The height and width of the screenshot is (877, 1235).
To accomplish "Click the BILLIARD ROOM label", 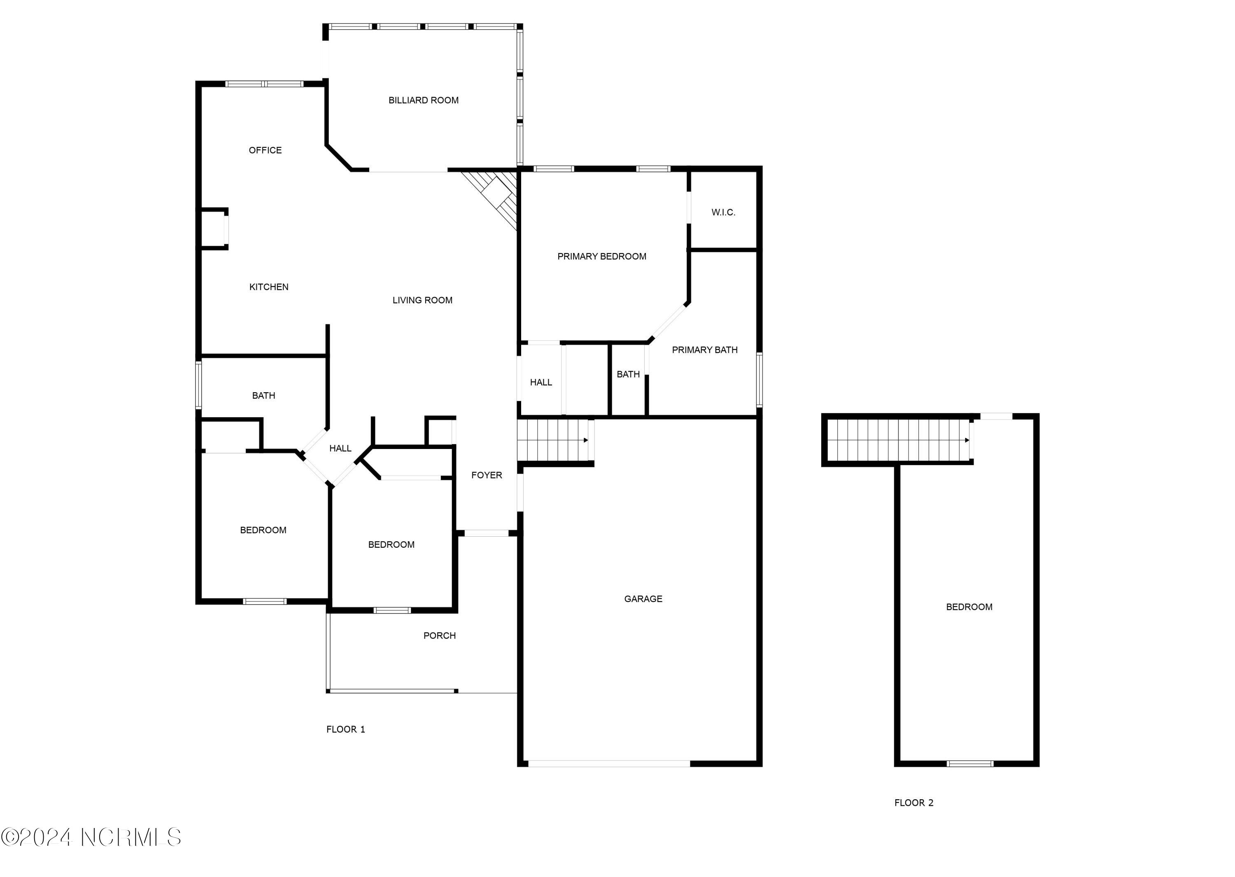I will click(x=423, y=100).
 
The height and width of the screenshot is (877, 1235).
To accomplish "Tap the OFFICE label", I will click(x=265, y=150).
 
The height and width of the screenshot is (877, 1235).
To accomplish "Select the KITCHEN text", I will click(x=268, y=287).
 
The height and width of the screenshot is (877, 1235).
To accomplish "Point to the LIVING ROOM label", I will click(x=422, y=300).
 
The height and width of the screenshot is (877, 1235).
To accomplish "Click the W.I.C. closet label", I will click(x=723, y=212).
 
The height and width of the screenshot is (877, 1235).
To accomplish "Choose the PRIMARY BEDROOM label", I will click(x=601, y=256).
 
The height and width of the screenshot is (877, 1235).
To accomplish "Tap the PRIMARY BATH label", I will click(x=704, y=350).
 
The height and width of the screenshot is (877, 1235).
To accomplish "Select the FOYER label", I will click(x=486, y=475).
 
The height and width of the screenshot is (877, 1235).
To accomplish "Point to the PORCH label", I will click(x=439, y=635).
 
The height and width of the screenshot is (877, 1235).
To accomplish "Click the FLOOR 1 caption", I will click(x=345, y=730).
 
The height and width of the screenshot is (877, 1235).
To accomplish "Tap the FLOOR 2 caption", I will click(x=913, y=803).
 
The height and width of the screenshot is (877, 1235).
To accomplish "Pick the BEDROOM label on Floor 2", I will click(x=969, y=607).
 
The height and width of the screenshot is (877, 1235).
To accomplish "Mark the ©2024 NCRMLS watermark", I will click(x=91, y=837).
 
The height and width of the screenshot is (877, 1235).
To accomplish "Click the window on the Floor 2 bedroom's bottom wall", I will click(x=970, y=763).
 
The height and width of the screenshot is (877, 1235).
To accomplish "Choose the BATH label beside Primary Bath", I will click(x=628, y=374).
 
